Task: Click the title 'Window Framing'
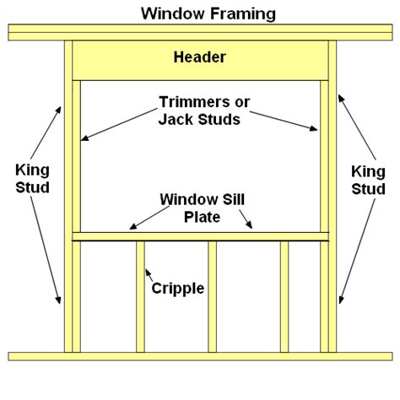(200, 13)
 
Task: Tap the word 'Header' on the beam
(200, 58)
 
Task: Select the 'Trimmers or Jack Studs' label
(200, 111)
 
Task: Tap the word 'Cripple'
(177, 288)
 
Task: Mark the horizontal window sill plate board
(200, 236)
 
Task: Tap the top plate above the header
(200, 31)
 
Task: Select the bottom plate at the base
(200, 356)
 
